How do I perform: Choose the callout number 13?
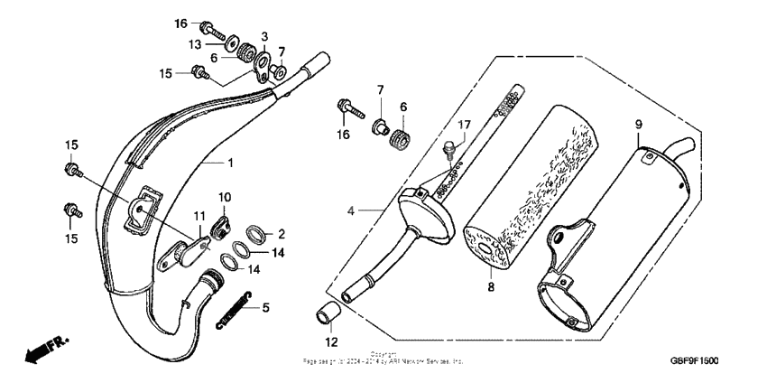point(194,43)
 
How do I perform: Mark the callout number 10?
point(225,197)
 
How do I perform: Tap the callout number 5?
point(265,307)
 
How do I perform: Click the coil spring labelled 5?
point(236,310)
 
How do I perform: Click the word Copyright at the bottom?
point(383,354)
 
